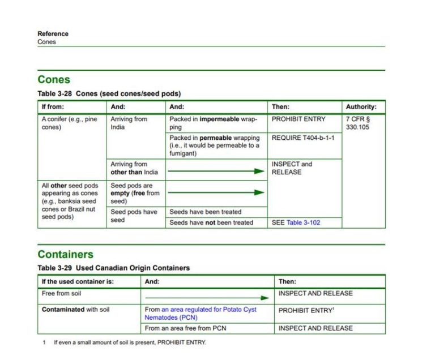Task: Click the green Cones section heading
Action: [x=54, y=80]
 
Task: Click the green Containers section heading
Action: [x=65, y=254]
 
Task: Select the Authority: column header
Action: [x=361, y=106]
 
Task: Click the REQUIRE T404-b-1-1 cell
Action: [x=302, y=138]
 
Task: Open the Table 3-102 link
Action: [x=303, y=222]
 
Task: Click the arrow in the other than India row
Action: [x=216, y=171]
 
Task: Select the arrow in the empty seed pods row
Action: [x=216, y=192]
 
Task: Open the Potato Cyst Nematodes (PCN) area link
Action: [x=201, y=314]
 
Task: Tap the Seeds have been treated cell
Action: [x=205, y=212]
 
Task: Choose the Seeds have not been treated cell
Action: [x=211, y=222]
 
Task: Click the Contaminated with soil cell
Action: [x=75, y=310]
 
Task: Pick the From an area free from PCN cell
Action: [x=185, y=328]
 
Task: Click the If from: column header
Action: [x=53, y=106]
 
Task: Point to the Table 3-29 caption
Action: [x=113, y=268]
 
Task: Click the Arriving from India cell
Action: [x=129, y=123]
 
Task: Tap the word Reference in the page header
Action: [x=53, y=33]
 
